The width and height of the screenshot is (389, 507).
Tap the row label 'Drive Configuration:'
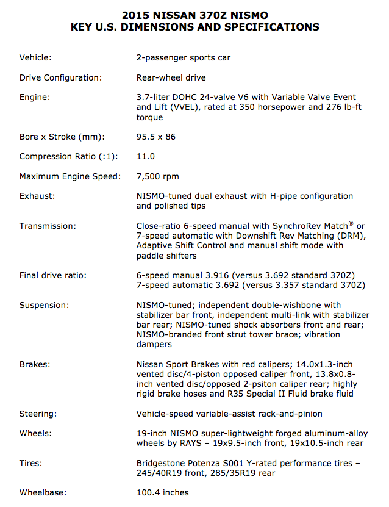(x=60, y=77)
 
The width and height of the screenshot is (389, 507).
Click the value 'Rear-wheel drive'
(x=171, y=77)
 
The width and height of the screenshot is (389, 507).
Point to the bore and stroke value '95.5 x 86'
(x=156, y=137)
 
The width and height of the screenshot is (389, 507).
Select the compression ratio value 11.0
(x=146, y=156)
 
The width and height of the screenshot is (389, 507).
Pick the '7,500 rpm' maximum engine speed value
(x=158, y=176)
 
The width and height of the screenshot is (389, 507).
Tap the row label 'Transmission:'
(x=48, y=226)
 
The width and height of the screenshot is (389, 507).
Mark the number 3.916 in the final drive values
(x=215, y=275)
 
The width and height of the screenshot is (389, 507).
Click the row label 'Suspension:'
(x=44, y=304)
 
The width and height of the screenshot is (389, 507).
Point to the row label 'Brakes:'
(x=35, y=364)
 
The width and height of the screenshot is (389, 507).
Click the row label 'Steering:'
(x=38, y=414)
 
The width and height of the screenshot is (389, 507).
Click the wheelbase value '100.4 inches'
(x=163, y=492)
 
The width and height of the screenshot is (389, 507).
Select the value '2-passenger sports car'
(x=184, y=58)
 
